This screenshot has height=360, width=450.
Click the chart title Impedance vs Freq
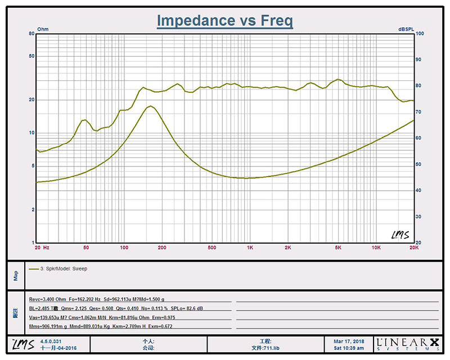(x=224, y=21)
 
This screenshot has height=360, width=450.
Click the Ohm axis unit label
(x=43, y=29)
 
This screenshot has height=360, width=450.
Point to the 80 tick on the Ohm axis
(x=32, y=34)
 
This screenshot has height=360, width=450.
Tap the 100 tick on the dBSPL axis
(x=420, y=34)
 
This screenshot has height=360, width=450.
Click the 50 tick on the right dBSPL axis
(x=418, y=164)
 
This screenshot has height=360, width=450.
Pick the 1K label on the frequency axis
(x=250, y=247)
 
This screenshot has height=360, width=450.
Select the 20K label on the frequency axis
(x=414, y=247)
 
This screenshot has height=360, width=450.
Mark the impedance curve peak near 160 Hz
(x=150, y=106)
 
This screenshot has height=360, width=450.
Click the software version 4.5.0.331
(x=52, y=341)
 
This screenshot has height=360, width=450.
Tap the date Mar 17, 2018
(x=348, y=341)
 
